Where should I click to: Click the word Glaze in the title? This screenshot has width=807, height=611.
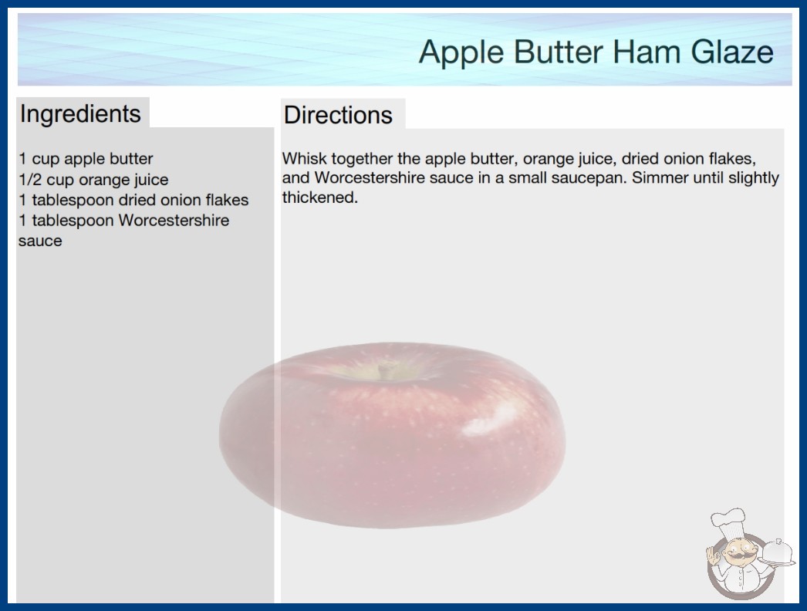pos(732,52)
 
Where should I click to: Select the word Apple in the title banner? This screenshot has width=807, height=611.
pos(461,52)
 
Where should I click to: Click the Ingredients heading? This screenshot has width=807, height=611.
pos(80,113)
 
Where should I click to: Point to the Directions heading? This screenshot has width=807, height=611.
pos(338,115)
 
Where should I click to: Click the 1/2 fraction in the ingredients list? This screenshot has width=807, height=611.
pos(30,180)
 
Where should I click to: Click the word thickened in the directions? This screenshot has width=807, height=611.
pos(319,197)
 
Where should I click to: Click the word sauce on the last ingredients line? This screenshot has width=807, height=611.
pos(40,241)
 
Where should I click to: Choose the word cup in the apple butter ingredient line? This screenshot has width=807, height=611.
pos(46,160)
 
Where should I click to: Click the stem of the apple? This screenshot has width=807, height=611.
pos(383,370)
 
